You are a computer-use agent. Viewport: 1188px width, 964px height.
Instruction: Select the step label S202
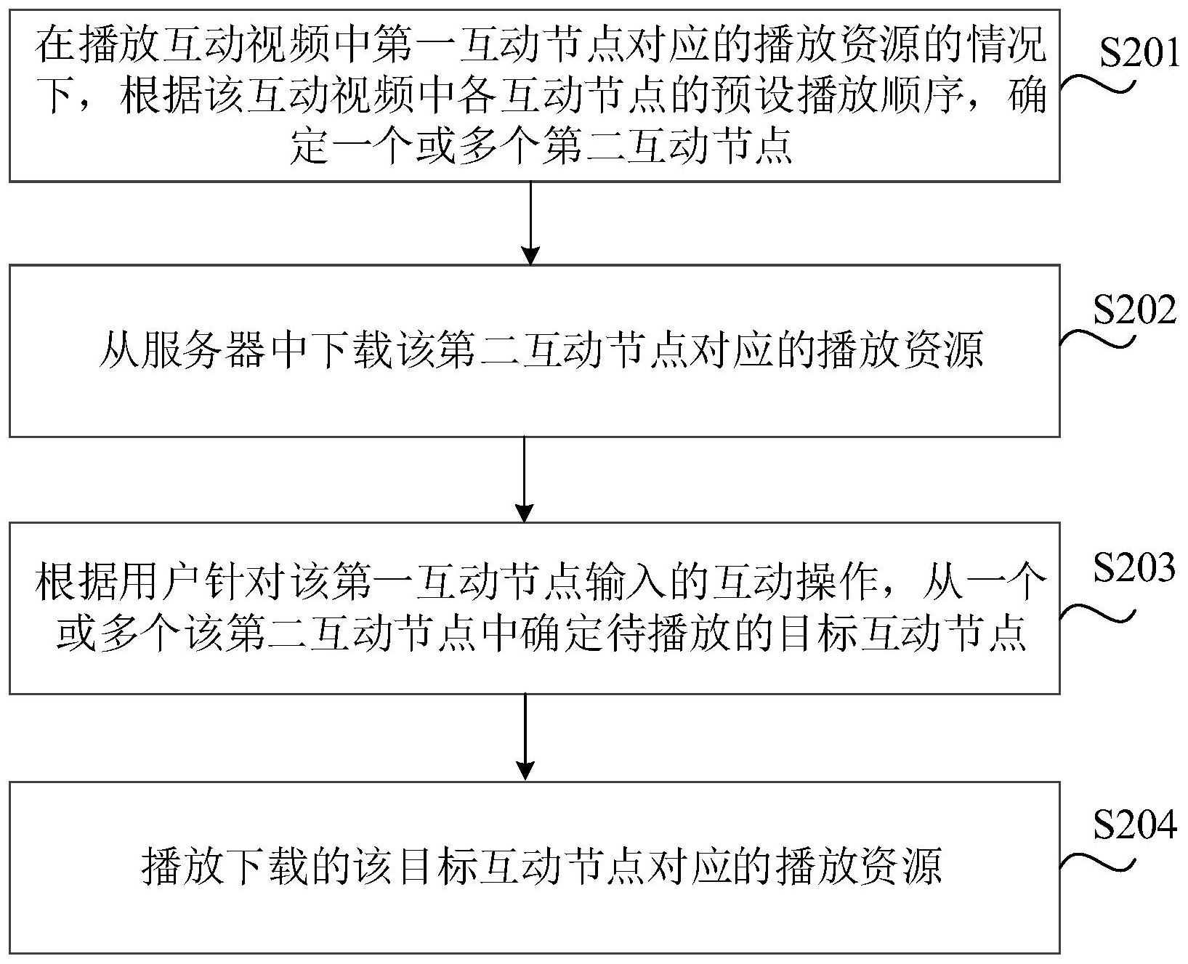pos(1134,311)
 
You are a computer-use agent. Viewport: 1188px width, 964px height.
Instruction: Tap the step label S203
pos(1134,568)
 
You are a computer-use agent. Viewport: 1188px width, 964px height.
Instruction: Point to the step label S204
pos(1134,826)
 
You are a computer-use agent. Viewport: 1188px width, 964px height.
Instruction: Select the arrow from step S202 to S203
pos(525,479)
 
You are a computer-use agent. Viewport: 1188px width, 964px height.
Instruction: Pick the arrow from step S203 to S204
pos(525,737)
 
